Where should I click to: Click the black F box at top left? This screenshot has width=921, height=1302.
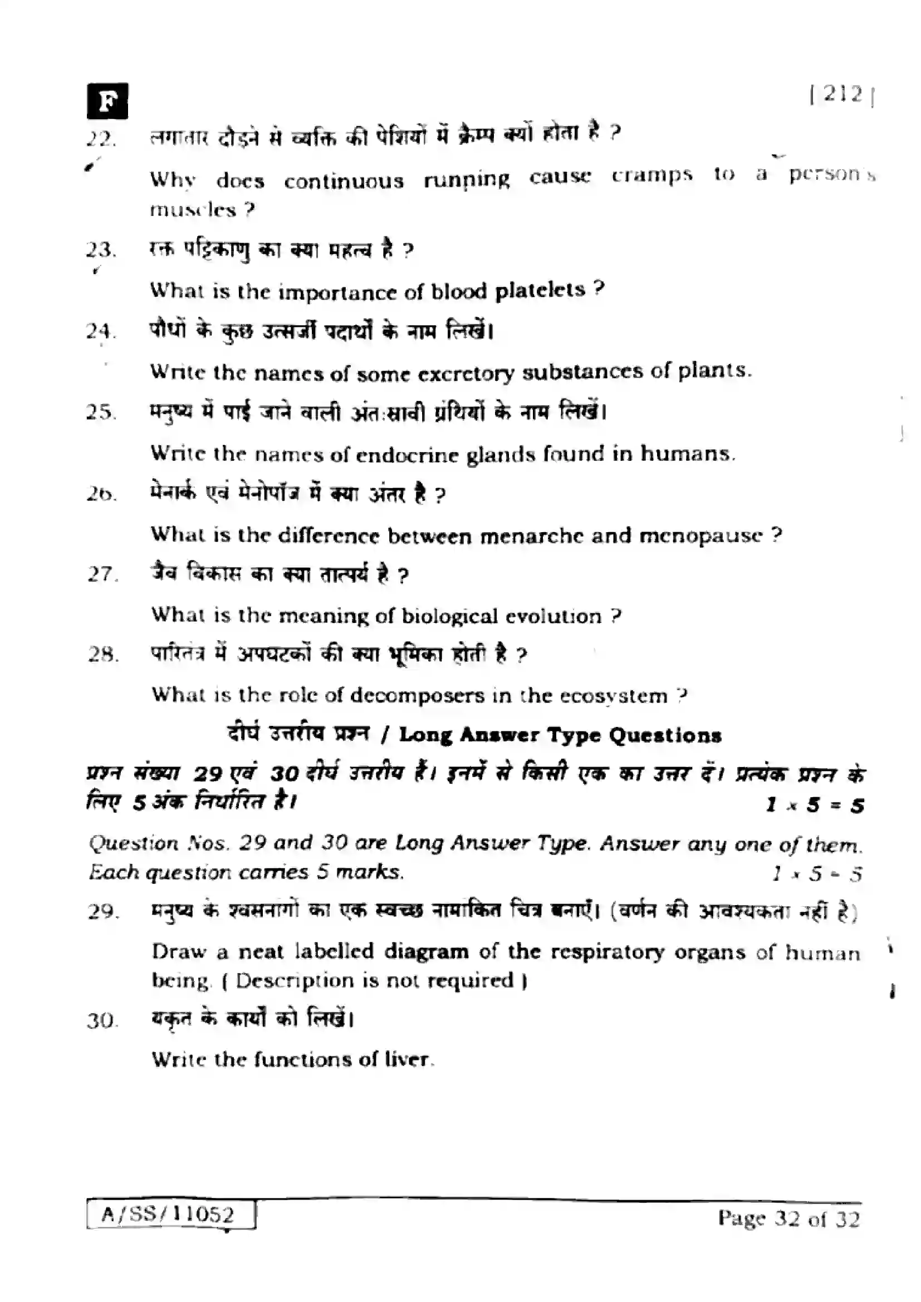point(107,101)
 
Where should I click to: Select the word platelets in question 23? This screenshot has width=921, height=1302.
point(540,291)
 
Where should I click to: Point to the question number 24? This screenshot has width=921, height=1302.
point(101,331)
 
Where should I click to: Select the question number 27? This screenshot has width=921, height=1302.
point(102,574)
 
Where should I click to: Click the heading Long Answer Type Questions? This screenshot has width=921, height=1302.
point(560,735)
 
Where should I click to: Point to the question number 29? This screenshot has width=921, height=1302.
point(102,911)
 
